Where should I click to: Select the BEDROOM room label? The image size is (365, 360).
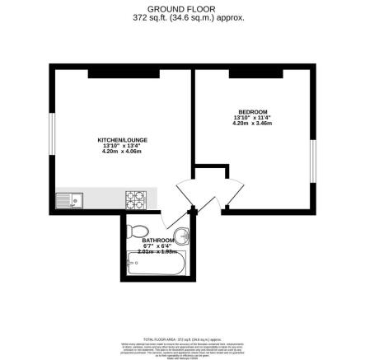252,111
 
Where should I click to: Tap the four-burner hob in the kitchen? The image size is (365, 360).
134,198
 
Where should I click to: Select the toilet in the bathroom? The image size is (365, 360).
137,230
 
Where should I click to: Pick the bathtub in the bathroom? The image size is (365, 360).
158,263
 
